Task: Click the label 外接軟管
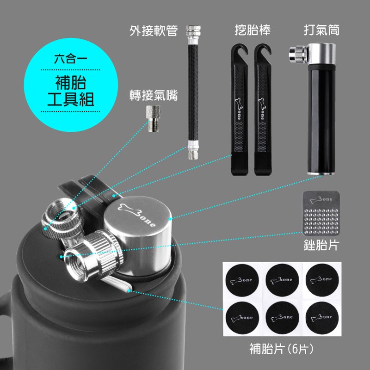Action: pos(153,31)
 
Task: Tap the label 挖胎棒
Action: pos(252,31)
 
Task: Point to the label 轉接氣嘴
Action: pos(153,96)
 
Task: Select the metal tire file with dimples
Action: pos(320,213)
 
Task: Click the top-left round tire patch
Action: pos(241,280)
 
